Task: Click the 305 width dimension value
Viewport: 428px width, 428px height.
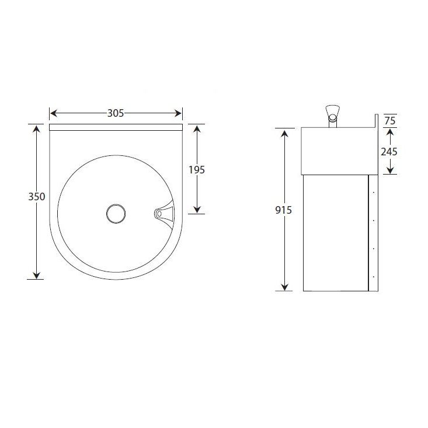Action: (x=116, y=113)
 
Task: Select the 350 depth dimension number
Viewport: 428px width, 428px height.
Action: (x=36, y=197)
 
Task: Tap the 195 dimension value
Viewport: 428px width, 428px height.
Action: (x=197, y=170)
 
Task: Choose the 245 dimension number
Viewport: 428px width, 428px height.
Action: (x=389, y=151)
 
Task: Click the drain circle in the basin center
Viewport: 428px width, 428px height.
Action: (x=116, y=213)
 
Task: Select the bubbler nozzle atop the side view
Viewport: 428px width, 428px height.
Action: (x=333, y=112)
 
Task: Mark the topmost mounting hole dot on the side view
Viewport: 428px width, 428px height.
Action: (x=373, y=192)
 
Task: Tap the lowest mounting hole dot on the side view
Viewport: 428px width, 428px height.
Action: (x=373, y=275)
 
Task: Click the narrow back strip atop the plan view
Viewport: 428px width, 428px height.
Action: (x=116, y=127)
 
